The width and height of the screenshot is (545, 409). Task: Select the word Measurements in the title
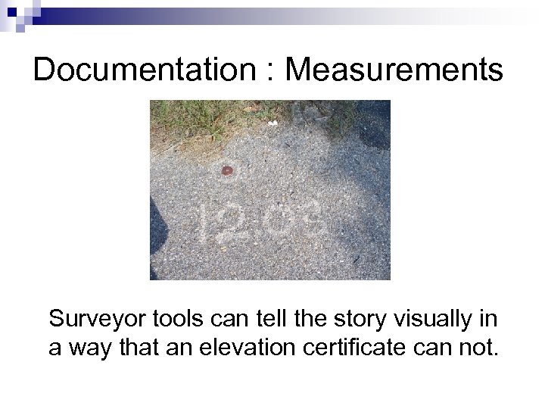[394, 70]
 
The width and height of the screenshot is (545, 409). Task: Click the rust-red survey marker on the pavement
[226, 171]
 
